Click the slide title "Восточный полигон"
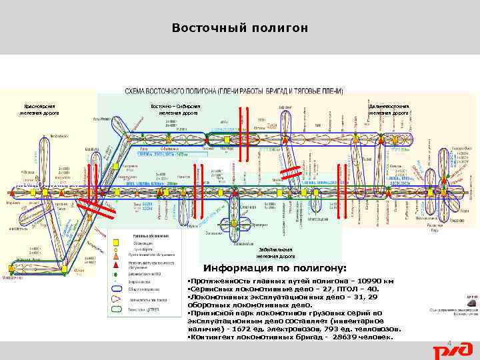click(240, 28)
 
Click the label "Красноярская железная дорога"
click(39, 109)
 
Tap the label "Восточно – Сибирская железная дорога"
click(177, 109)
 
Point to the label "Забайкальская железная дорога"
click(277, 252)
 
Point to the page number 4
click(449, 344)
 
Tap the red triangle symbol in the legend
click(115, 255)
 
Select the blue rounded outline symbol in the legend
click(115, 291)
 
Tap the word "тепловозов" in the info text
click(377, 329)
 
